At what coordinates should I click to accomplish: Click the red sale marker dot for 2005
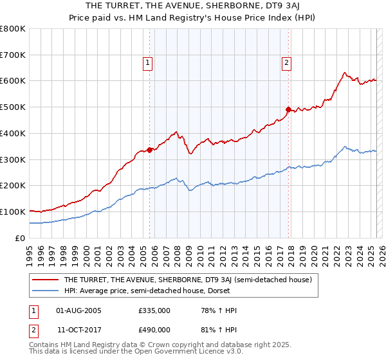tap(150, 150)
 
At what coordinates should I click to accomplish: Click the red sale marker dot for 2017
tap(288, 109)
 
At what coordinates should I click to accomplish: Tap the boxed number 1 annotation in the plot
tap(148, 63)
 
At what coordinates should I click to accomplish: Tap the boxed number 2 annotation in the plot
tap(286, 63)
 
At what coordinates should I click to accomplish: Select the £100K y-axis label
tap(13, 212)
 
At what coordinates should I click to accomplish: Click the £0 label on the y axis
tap(21, 238)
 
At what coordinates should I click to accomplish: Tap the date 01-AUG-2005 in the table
tap(78, 311)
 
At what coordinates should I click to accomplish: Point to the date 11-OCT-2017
tap(78, 329)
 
